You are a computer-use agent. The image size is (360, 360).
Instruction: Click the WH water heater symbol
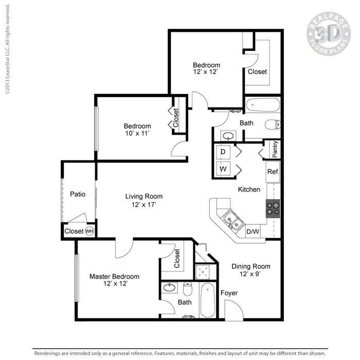pyautogui.click(x=89, y=231)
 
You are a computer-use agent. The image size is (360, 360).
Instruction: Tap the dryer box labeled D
pyautogui.click(x=224, y=152)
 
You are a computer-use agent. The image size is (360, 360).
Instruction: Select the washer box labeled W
pyautogui.click(x=224, y=168)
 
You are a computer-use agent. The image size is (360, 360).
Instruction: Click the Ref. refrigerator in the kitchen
pyautogui.click(x=273, y=172)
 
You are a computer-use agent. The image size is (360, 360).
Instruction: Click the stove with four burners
pyautogui.click(x=273, y=207)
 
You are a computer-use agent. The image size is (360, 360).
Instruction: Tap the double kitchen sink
pyautogui.click(x=232, y=222)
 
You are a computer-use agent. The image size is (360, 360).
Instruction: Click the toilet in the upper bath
pyautogui.click(x=273, y=124)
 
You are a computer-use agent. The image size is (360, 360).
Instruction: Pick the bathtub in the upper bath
pyautogui.click(x=262, y=106)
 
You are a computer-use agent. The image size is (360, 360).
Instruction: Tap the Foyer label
pyautogui.click(x=229, y=293)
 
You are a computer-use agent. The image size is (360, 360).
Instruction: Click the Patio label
pyautogui.click(x=77, y=194)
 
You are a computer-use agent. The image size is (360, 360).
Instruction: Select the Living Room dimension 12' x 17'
pyautogui.click(x=144, y=205)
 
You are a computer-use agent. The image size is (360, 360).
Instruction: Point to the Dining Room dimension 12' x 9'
pyautogui.click(x=250, y=275)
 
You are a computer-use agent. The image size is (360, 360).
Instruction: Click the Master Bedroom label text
pyautogui.click(x=114, y=276)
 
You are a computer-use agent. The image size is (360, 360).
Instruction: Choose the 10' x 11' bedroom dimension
pyautogui.click(x=137, y=134)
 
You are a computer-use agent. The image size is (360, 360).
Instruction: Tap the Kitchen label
pyautogui.click(x=249, y=189)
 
